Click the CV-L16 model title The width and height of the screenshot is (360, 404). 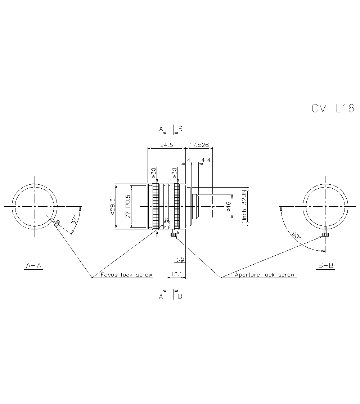333,108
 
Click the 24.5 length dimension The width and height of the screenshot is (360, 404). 167,145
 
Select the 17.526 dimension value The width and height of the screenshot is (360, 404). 199,145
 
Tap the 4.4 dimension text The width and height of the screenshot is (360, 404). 206,160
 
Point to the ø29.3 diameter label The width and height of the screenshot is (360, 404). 113,206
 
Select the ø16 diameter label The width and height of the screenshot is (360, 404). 228,206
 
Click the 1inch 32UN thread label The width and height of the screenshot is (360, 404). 244,206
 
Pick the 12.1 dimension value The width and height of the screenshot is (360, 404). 176,274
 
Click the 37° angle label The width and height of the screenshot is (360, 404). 74,220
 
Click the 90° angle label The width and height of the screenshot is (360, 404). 296,235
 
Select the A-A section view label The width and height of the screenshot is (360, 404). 34,266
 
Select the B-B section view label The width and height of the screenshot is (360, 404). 326,266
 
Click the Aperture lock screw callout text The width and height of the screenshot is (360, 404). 265,275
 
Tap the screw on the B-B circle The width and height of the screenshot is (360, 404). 325,233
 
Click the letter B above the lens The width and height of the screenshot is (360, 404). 180,129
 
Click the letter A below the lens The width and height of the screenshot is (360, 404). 161,296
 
